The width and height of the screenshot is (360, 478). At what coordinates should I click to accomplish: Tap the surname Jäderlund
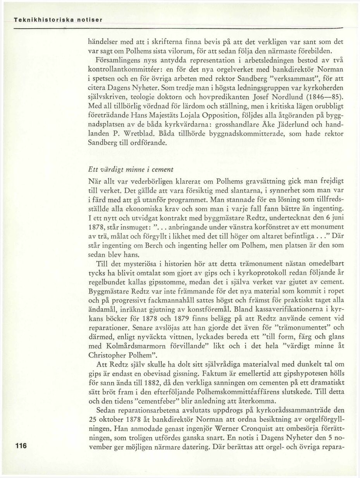pyautogui.click(x=281, y=125)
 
